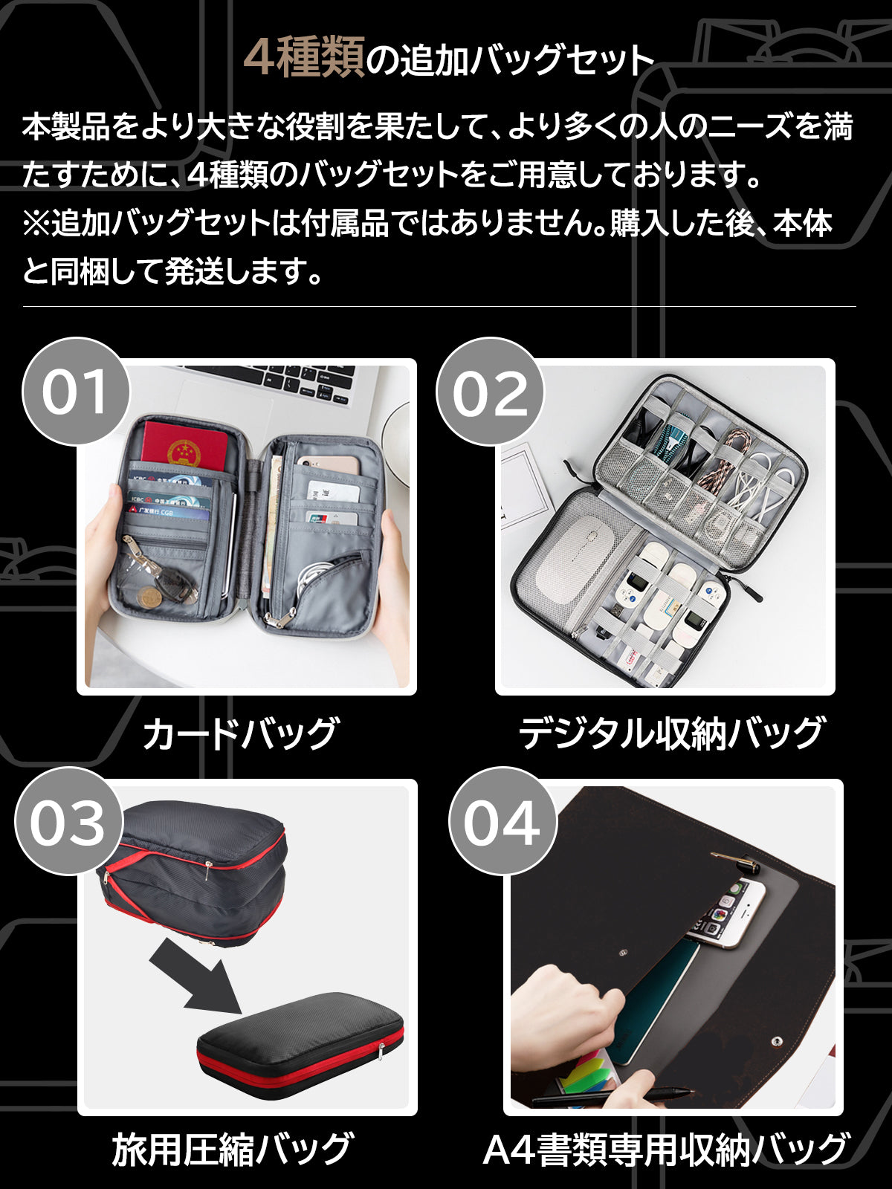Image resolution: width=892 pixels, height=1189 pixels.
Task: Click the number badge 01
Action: coord(75,391)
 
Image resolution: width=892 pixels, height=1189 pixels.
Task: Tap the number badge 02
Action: coord(490,391)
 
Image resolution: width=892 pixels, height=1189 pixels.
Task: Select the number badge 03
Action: coord(68,821)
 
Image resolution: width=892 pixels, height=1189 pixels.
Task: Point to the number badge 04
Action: coord(502,821)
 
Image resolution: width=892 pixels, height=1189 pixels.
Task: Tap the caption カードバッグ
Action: coord(242,733)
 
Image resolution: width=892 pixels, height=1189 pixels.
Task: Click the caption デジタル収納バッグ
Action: coord(671,733)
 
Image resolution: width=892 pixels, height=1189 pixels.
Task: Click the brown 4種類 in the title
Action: coord(304,57)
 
